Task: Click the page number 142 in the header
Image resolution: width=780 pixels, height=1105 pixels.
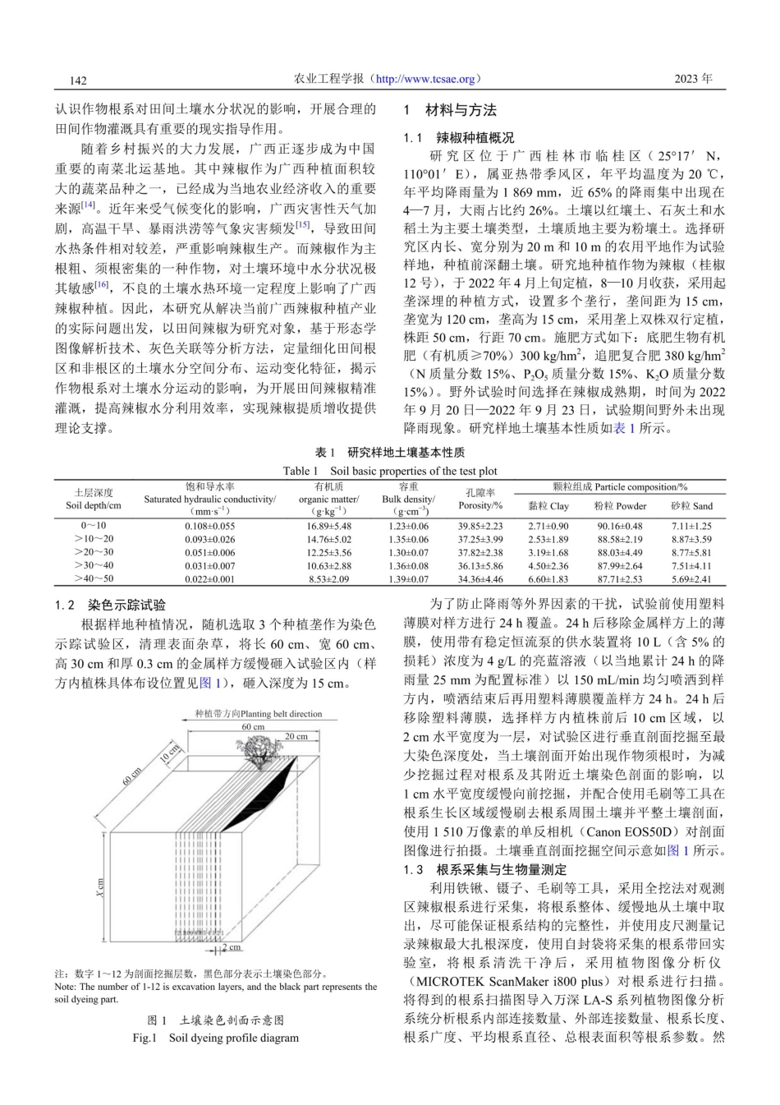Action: click(79, 80)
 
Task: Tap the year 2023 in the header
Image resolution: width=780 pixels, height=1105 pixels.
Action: click(693, 79)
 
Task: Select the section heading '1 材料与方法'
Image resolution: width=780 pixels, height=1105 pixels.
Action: click(451, 110)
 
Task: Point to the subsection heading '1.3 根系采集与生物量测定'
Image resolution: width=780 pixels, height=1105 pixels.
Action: click(485, 869)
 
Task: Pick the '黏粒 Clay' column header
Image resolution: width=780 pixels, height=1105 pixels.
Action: click(548, 506)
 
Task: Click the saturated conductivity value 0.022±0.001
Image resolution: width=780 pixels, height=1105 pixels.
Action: click(209, 578)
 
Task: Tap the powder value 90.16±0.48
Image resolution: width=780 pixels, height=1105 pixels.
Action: click(620, 526)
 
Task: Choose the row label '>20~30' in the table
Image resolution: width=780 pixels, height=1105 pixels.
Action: click(93, 552)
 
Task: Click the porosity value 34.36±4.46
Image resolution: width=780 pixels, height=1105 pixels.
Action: click(480, 578)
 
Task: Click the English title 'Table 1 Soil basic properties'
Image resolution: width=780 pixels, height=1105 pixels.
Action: click(390, 471)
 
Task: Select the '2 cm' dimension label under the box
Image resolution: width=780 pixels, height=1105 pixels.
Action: click(233, 948)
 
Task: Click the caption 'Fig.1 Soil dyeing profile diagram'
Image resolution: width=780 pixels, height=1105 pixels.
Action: click(216, 1038)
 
